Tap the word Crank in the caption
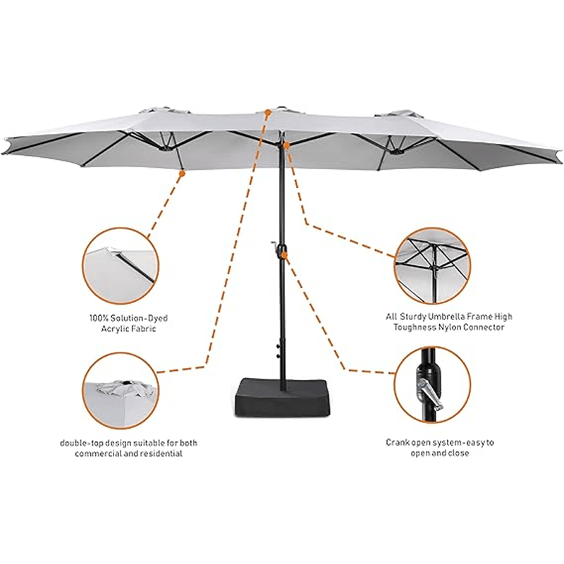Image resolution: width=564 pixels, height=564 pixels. (x=398, y=443)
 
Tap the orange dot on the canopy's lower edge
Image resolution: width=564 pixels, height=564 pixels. (x=181, y=171)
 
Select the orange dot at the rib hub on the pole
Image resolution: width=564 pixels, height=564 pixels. (x=286, y=144)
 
